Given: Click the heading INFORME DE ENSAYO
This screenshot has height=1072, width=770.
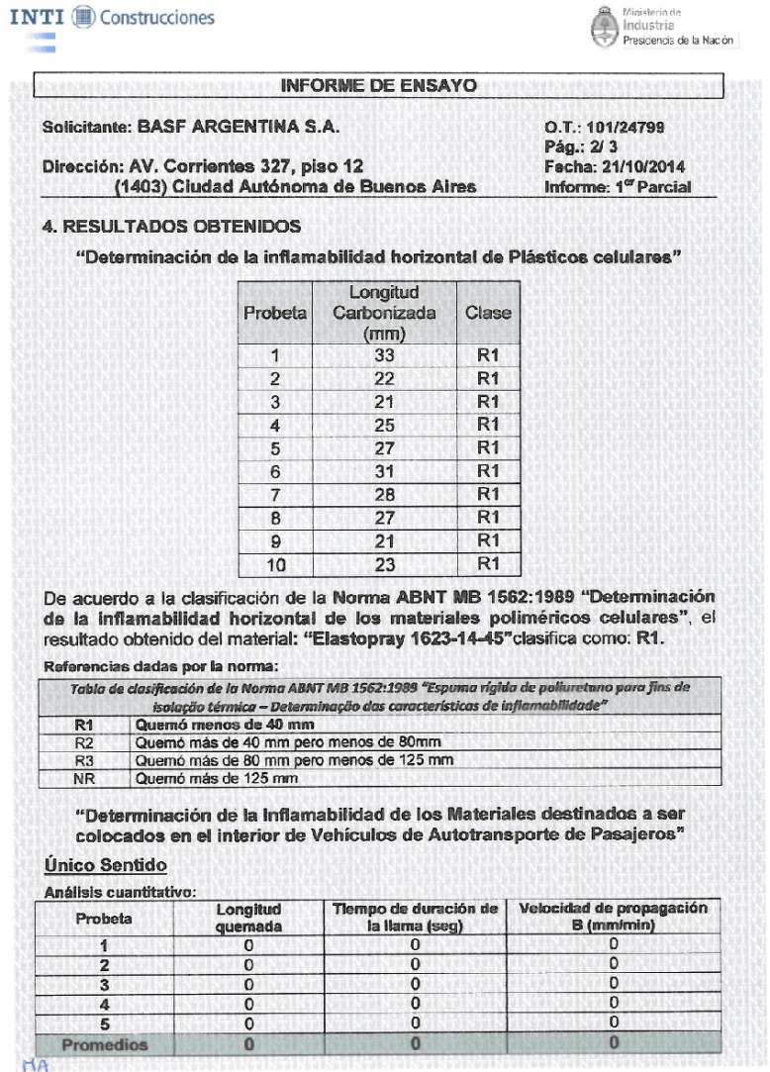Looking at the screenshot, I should pyautogui.click(x=380, y=85).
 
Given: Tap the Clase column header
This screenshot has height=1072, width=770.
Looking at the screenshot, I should pyautogui.click(x=488, y=313).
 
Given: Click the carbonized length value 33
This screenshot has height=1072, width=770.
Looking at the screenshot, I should pyautogui.click(x=384, y=356).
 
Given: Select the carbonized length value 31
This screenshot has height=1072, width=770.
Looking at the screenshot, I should pyautogui.click(x=384, y=472).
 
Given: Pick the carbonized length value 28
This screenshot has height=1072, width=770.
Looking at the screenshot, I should pyautogui.click(x=384, y=495).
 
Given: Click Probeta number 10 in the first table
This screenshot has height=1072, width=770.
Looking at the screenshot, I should pyautogui.click(x=275, y=565).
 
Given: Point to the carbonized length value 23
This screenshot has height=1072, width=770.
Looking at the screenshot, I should pyautogui.click(x=384, y=565).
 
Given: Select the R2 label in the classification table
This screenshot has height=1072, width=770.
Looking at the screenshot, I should pyautogui.click(x=85, y=743).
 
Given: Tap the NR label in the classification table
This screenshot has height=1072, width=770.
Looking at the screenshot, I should pyautogui.click(x=85, y=778).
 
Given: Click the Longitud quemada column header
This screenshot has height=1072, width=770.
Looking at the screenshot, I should pyautogui.click(x=248, y=918).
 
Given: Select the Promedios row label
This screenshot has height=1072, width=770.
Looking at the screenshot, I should pyautogui.click(x=105, y=1044).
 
